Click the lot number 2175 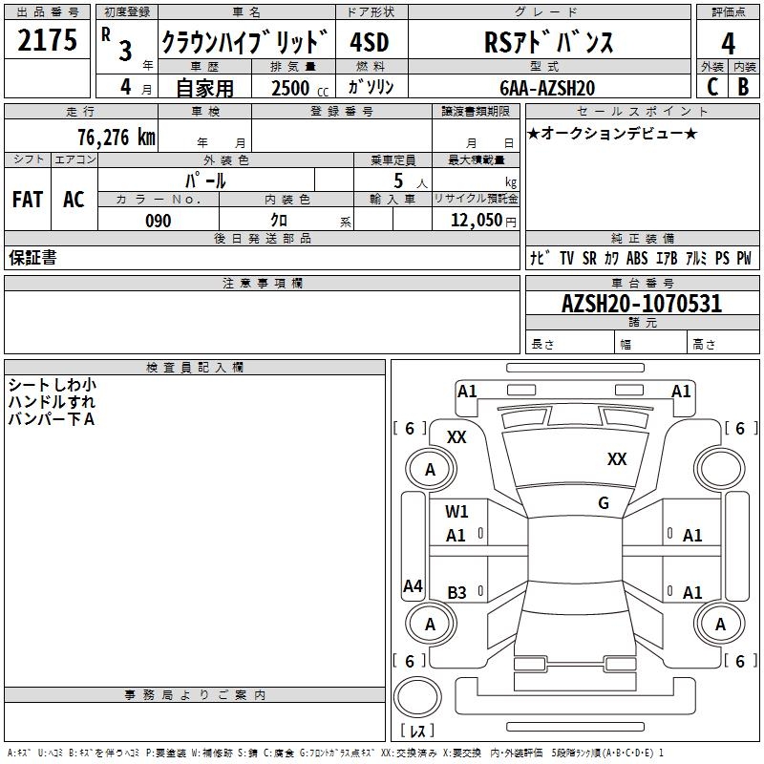[47, 42]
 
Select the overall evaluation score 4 [729, 44]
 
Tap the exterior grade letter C [712, 86]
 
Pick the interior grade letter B [744, 86]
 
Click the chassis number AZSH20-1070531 [641, 305]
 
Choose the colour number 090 [158, 221]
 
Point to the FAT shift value [27, 200]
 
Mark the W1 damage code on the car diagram [457, 512]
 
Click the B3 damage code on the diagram [457, 593]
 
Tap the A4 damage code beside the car [413, 586]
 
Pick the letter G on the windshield [604, 503]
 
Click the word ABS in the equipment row [637, 258]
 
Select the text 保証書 [32, 258]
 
